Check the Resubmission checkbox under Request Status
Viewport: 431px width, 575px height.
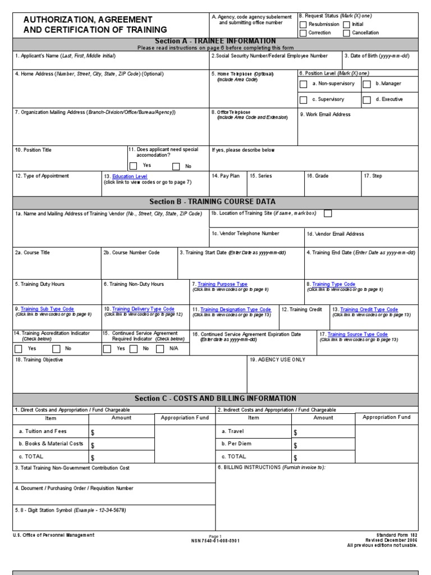[303, 25]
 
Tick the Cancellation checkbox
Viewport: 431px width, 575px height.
[346, 33]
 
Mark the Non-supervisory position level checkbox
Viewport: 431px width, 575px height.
[304, 84]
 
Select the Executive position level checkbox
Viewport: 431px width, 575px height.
[366, 100]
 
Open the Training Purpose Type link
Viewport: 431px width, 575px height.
[222, 284]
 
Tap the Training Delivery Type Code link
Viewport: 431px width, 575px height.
[143, 309]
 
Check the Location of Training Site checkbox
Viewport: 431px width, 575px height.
[328, 213]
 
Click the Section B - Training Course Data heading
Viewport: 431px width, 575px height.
[212, 202]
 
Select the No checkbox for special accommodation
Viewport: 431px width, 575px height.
[176, 166]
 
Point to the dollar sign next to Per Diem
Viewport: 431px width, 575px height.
[295, 445]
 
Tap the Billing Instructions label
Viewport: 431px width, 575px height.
[271, 467]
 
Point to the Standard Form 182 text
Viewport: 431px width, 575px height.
[397, 535]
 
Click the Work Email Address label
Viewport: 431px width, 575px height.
[325, 115]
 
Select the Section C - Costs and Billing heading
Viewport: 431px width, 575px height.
[215, 399]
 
